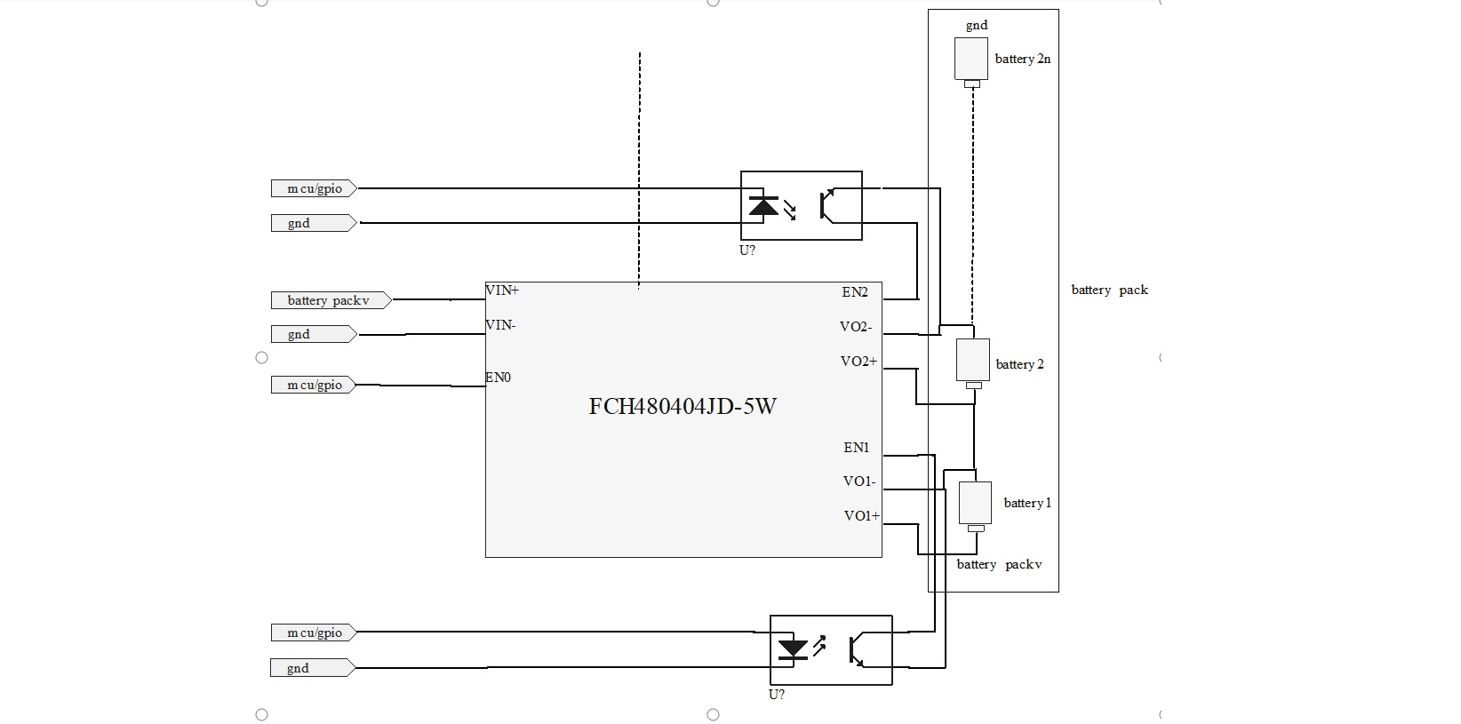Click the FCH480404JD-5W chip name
683,407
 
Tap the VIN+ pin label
502,290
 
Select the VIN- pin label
500,325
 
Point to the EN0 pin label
498,378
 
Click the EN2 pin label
855,292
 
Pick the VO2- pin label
856,327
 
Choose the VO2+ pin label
858,362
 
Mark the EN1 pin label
857,448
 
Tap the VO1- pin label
859,481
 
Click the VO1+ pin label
861,516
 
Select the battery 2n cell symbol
971,60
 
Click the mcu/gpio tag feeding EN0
314,385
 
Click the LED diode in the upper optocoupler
763,206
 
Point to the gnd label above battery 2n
977,26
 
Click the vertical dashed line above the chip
639,169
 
